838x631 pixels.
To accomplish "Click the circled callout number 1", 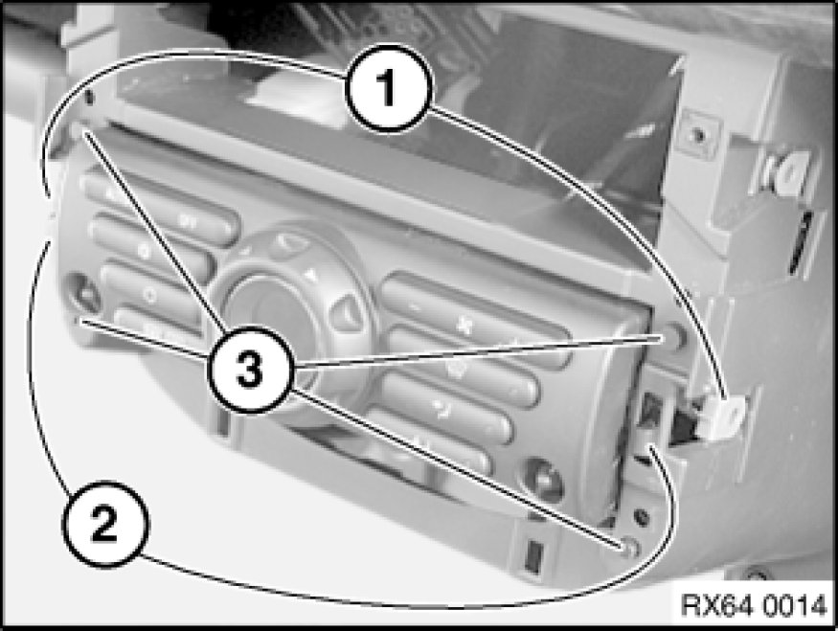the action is coord(388,88).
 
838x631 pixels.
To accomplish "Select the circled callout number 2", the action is coord(105,524).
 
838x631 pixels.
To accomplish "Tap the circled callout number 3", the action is coord(250,370).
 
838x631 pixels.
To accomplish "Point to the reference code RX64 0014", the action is coord(754,606).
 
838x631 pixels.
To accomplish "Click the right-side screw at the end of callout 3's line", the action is coord(674,338).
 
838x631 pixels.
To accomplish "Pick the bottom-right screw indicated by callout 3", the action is coord(629,547).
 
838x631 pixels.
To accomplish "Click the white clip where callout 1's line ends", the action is coord(727,417).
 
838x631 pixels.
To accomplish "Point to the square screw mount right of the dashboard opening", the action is coord(698,135).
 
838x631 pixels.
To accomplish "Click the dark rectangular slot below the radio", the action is coord(532,556).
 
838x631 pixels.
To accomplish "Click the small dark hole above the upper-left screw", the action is coord(89,97).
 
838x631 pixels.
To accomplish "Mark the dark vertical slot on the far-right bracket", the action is coord(800,243).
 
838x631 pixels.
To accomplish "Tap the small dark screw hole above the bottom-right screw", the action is coord(642,516).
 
